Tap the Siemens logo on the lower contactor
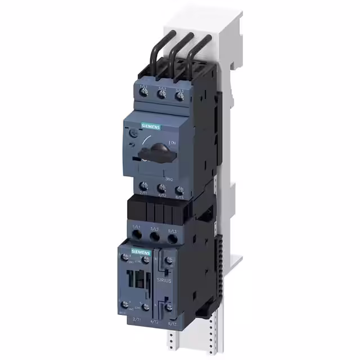pyautogui.click(x=141, y=251)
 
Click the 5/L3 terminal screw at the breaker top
pyautogui.click(x=179, y=95)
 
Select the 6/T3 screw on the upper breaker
pyautogui.click(x=179, y=190)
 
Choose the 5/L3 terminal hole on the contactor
pyautogui.click(x=172, y=238)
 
